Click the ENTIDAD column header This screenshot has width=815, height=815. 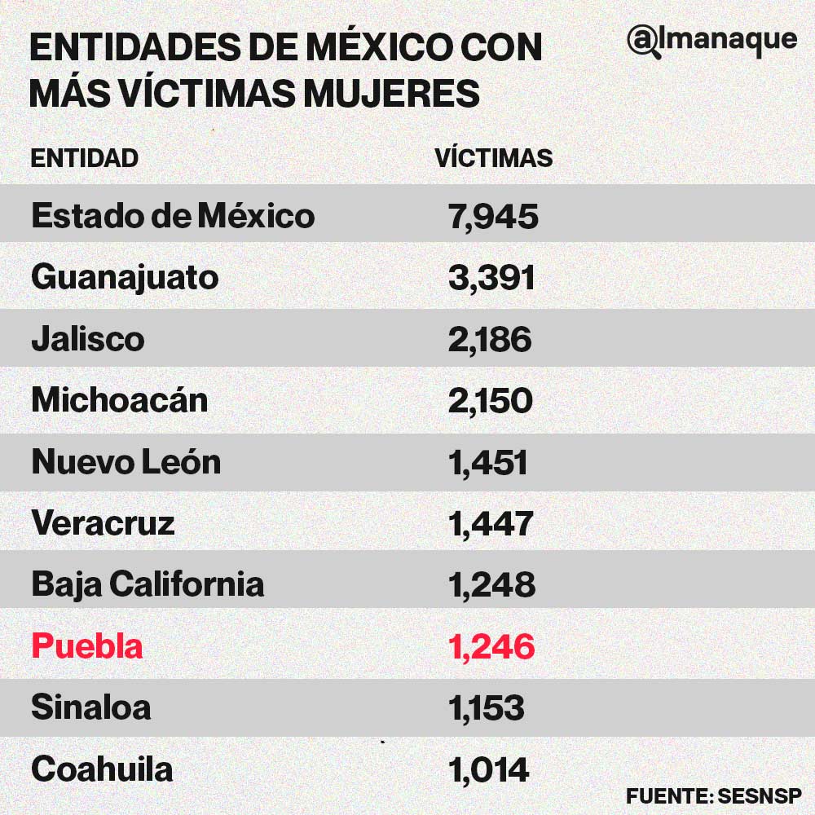84,158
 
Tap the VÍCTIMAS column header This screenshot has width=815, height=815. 494,158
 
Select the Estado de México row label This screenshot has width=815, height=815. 173,216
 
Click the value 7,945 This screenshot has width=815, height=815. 493,216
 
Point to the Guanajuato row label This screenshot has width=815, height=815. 125,278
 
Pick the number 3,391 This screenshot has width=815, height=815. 491,278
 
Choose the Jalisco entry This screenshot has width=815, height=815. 87,339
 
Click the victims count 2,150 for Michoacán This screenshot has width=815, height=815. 490,401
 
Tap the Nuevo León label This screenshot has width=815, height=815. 126,462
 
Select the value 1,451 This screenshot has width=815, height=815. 487,462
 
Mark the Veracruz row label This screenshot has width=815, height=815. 103,523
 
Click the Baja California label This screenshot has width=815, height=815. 148,584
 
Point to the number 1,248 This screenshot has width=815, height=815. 491,584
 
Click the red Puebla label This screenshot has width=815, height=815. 86,646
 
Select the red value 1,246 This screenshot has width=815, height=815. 491,646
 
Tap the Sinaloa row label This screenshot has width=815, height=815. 90,707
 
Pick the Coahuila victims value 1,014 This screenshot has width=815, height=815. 488,769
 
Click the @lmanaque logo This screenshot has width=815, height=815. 711,39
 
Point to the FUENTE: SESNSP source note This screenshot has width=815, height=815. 714,795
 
